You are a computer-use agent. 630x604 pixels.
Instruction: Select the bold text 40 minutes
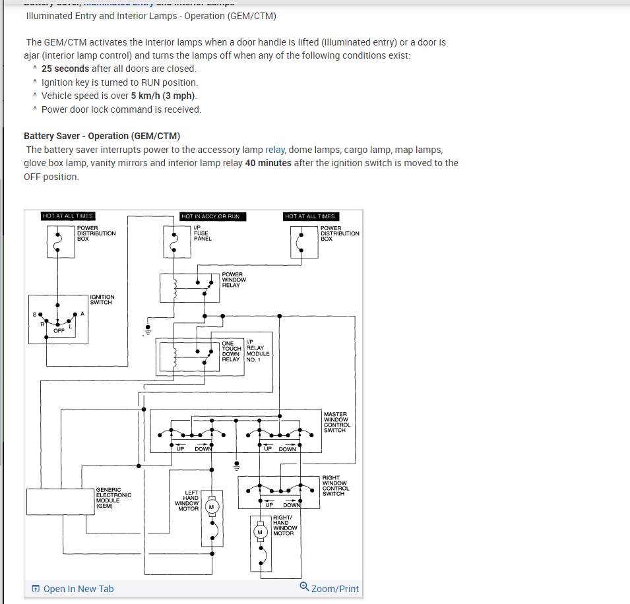pos(268,163)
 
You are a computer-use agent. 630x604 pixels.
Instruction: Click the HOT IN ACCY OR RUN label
pos(212,216)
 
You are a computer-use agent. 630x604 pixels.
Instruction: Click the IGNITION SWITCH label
pos(102,299)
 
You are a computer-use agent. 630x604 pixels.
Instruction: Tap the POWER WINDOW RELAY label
pos(234,280)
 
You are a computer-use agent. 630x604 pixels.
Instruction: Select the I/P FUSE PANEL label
pos(202,233)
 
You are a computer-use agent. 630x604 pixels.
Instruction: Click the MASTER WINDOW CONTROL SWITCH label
pos(337,422)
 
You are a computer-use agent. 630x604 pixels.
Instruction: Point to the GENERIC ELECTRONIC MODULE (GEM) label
pos(113,498)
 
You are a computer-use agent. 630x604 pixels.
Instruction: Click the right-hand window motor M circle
pos(260,531)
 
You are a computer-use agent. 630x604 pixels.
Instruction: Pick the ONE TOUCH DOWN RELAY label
pos(231,351)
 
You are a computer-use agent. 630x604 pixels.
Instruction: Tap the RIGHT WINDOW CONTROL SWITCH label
pos(336,485)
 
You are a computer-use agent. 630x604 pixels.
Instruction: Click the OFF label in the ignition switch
pos(59,330)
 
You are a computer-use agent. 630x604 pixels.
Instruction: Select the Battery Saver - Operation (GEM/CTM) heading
pos(102,136)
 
